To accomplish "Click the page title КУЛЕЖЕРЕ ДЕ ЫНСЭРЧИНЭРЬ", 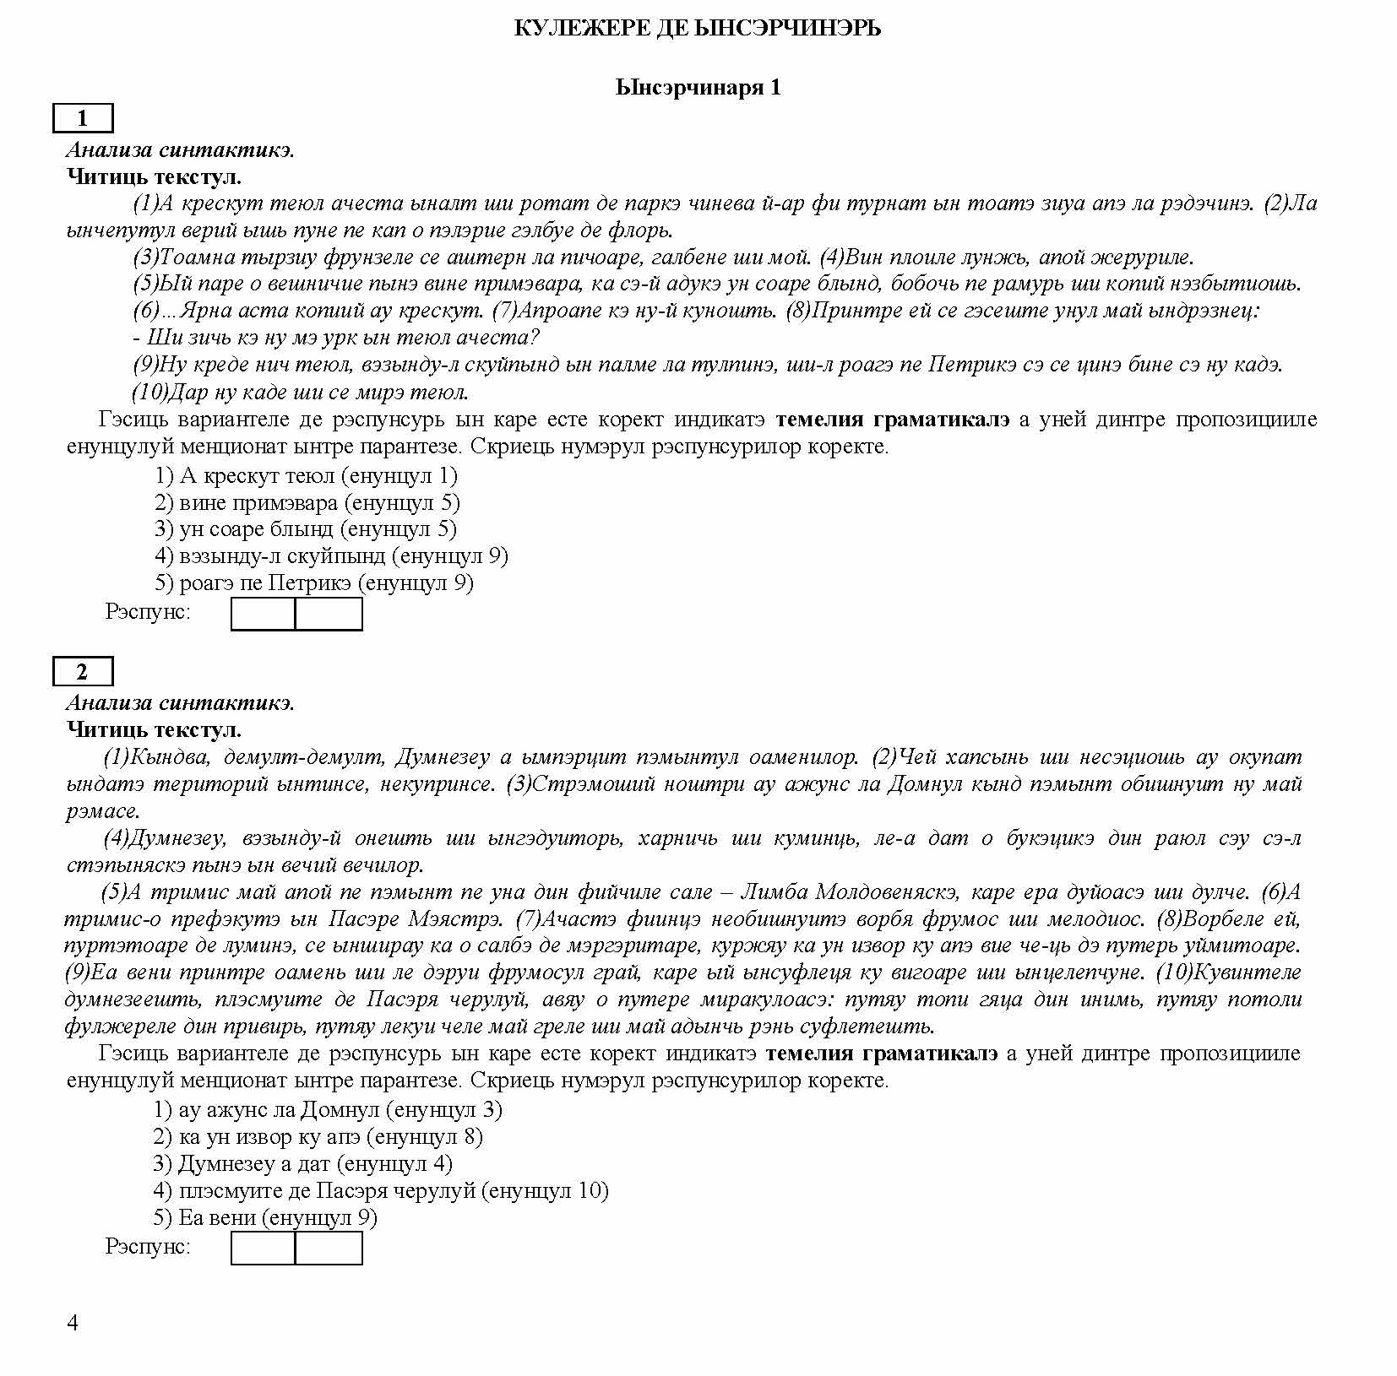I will click(698, 29).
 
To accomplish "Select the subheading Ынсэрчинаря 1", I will click(698, 87).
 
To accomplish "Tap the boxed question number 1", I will click(82, 118).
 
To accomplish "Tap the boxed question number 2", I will click(82, 671).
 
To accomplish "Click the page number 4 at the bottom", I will click(73, 1322).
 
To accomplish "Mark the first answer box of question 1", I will click(263, 614).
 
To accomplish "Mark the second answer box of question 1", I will click(329, 614).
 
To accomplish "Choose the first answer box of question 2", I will click(263, 1248).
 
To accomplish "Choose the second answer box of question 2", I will click(329, 1248).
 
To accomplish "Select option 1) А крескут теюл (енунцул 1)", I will click(306, 476).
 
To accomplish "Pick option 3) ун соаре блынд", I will click(306, 529).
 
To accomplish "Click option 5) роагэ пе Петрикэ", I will click(313, 582).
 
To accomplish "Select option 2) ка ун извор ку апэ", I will click(318, 1137).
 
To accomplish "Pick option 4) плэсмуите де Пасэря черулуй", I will click(380, 1191).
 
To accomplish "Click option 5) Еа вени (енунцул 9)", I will click(265, 1217).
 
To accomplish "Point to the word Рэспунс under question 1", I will click(148, 611).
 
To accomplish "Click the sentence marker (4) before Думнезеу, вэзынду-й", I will click(116, 838).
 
